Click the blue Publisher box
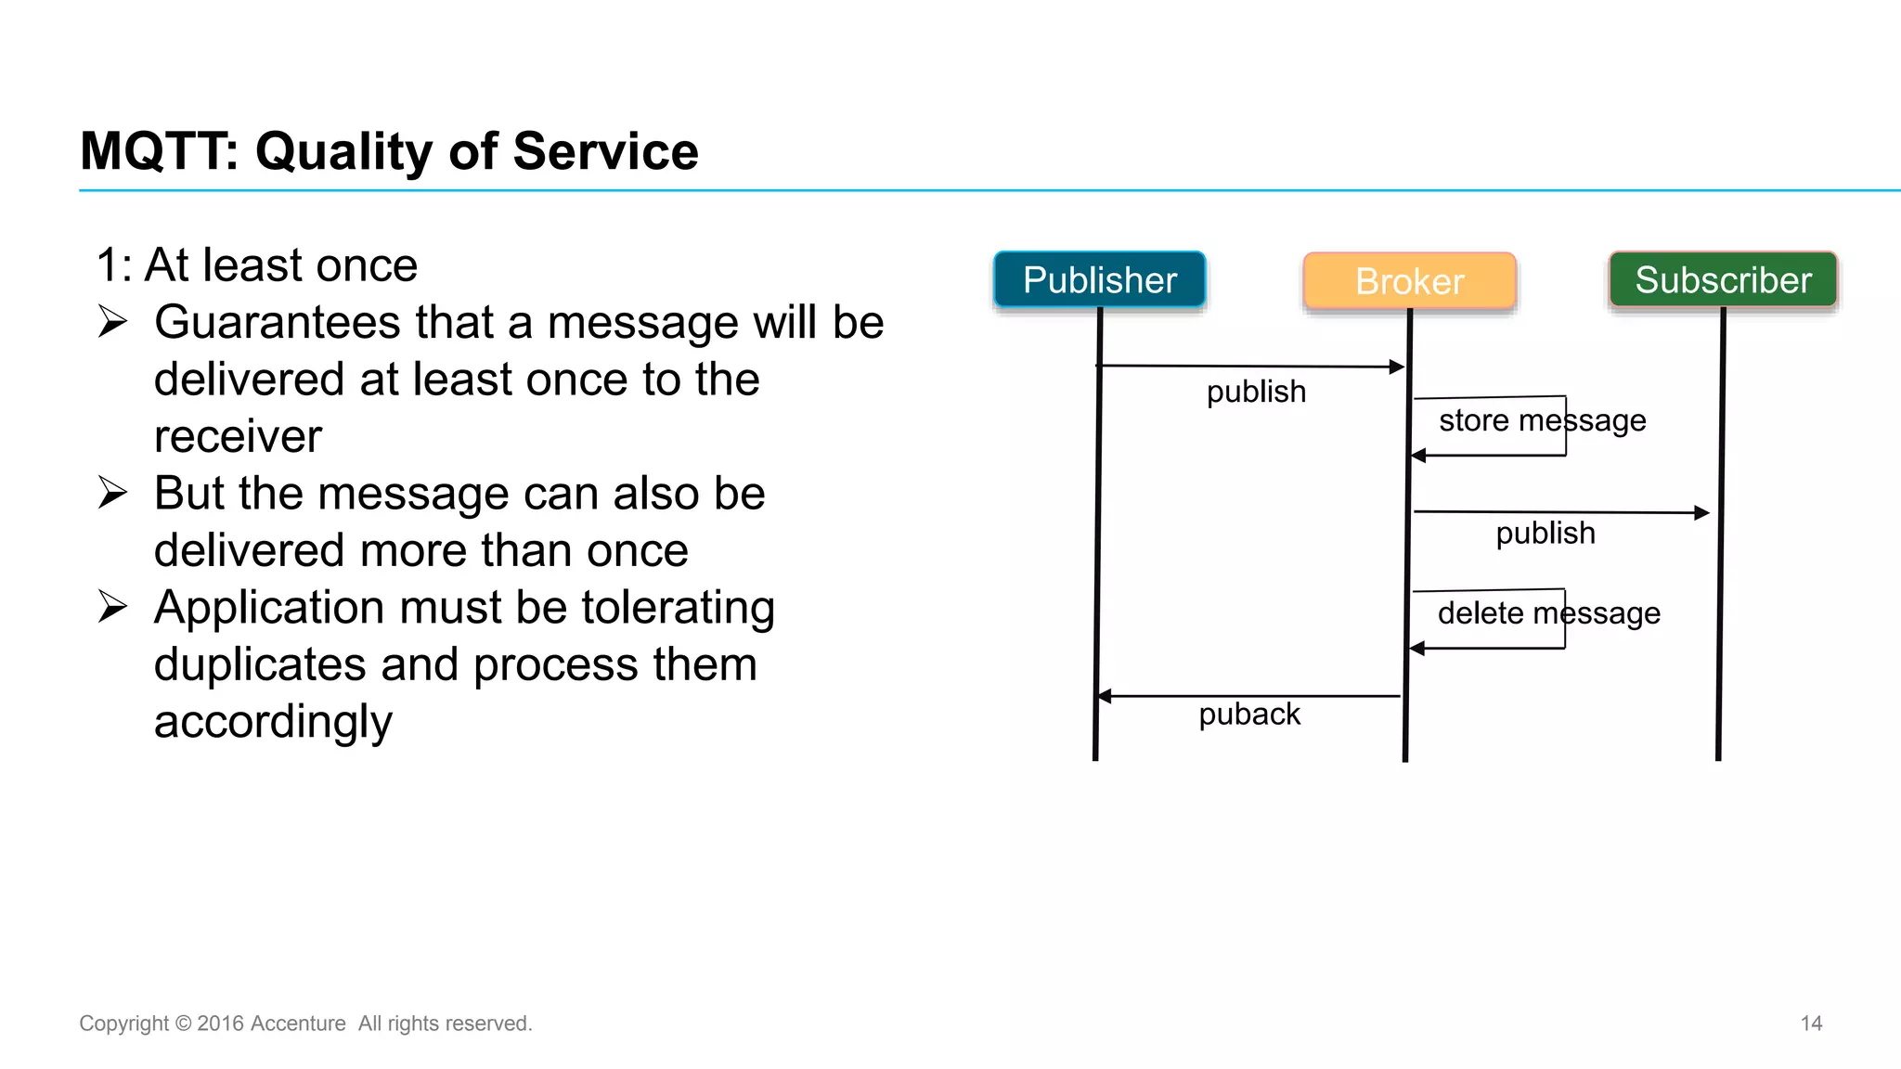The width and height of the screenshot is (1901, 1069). [x=1099, y=279]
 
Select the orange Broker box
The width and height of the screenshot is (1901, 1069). [x=1409, y=281]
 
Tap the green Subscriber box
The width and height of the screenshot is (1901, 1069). [x=1723, y=279]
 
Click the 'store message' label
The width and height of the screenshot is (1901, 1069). [x=1542, y=420]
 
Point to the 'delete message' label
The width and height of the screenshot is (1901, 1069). [x=1548, y=613]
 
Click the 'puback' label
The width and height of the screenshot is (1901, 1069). [x=1248, y=715]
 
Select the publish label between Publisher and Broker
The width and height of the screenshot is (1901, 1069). [x=1256, y=392]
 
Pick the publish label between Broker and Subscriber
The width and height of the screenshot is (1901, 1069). [x=1545, y=534]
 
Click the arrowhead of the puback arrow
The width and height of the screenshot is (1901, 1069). [x=1105, y=696]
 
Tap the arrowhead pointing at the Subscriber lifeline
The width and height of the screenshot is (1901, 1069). [x=1701, y=512]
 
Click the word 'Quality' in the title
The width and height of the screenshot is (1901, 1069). [x=343, y=151]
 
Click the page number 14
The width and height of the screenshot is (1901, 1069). [x=1811, y=1024]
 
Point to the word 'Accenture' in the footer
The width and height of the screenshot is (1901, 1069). [x=298, y=1024]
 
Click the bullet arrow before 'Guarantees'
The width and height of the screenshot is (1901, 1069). [x=112, y=322]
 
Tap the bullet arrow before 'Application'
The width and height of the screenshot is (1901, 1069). [x=112, y=607]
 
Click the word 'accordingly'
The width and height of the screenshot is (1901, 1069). [x=273, y=722]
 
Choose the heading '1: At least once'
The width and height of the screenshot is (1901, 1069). [x=257, y=265]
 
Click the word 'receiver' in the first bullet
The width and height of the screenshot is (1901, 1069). [x=238, y=436]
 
